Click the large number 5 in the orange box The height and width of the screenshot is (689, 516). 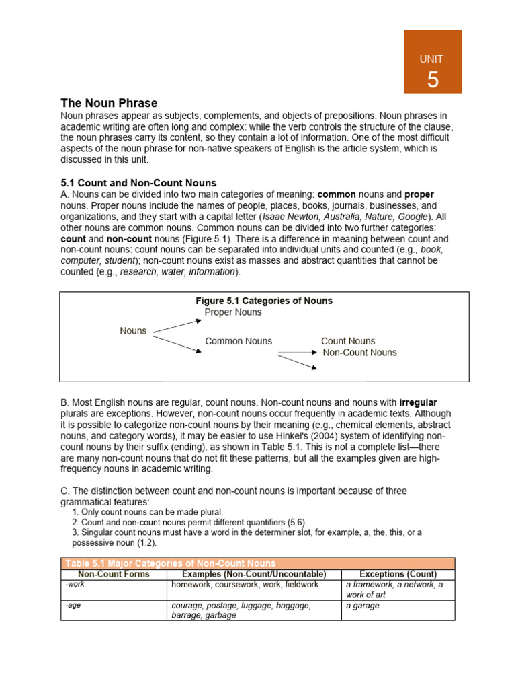click(433, 80)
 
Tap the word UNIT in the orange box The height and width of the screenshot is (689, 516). click(431, 59)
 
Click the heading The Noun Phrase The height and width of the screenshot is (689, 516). click(109, 103)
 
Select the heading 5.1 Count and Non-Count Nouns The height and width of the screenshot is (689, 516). click(138, 183)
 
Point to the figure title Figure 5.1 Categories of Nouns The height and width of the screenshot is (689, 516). click(263, 301)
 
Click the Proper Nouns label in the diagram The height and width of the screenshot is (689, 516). click(233, 312)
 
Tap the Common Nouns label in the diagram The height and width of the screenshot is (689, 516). click(239, 341)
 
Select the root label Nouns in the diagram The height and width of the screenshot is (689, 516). click(133, 330)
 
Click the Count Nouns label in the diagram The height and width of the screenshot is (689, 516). click(348, 341)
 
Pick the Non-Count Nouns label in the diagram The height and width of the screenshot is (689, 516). click(359, 352)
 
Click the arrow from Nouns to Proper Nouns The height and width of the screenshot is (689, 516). click(177, 325)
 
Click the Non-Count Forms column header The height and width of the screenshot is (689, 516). click(114, 574)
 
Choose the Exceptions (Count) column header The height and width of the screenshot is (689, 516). click(398, 574)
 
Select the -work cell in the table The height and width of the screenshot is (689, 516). click(75, 585)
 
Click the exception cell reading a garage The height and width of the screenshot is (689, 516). click(363, 606)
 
